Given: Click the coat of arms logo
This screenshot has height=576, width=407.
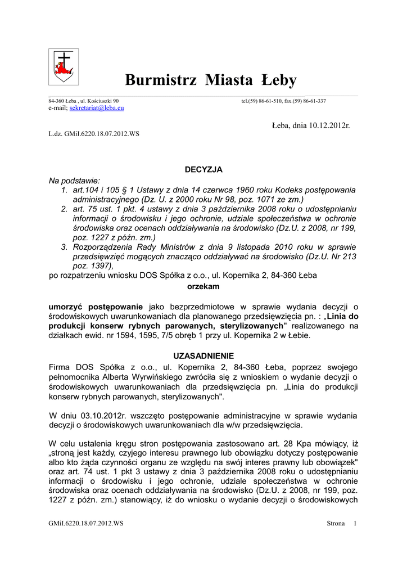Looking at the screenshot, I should [x=64, y=67].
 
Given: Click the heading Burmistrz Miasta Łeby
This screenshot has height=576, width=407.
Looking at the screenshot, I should [x=210, y=80].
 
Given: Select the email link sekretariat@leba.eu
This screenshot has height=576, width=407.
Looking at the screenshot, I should [x=97, y=107].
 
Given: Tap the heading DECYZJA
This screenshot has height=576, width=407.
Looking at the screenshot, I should [x=203, y=169].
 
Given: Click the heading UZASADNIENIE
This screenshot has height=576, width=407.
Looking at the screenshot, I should [x=203, y=356].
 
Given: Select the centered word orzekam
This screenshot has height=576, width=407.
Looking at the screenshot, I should [x=203, y=286].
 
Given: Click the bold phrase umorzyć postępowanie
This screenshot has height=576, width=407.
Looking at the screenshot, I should [x=97, y=307].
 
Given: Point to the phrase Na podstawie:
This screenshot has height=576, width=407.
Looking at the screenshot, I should [x=74, y=180].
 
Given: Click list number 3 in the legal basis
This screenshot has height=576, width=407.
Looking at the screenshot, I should [x=64, y=247].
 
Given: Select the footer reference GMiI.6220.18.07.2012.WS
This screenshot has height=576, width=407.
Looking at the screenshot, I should [x=86, y=524].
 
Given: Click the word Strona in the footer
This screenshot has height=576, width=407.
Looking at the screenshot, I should [x=336, y=524].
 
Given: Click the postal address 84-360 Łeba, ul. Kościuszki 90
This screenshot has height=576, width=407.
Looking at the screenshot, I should [x=84, y=101].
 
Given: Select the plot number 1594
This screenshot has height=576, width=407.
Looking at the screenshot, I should [x=119, y=335].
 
